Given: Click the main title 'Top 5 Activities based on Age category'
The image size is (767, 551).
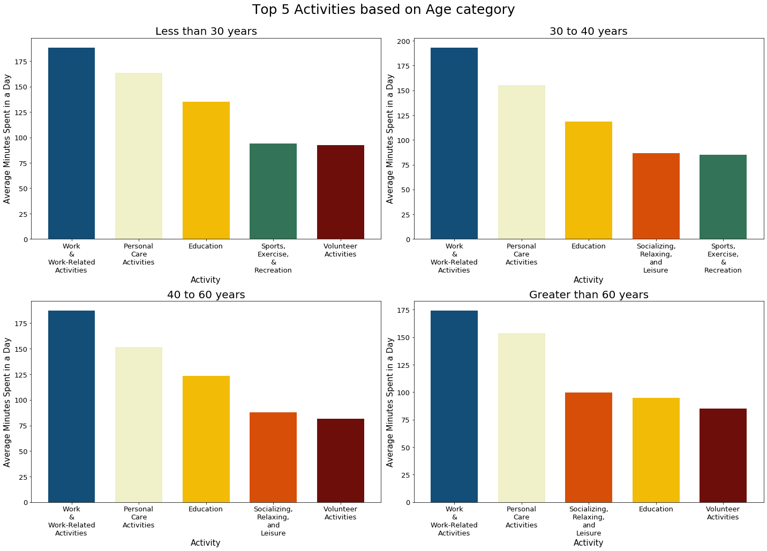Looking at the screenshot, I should (x=383, y=10).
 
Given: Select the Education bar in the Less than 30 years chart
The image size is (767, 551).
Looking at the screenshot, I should (x=206, y=170).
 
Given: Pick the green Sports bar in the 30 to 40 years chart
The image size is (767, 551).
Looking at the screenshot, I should (x=723, y=197).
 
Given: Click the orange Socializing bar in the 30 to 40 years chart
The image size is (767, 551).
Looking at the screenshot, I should (x=656, y=196).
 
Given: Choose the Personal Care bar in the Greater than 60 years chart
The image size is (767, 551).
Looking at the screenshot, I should (x=521, y=417).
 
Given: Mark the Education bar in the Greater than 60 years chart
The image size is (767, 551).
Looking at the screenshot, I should (x=656, y=450).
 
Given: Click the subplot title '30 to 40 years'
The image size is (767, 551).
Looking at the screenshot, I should (x=588, y=31).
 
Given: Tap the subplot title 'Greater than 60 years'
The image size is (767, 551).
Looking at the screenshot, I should (x=588, y=295).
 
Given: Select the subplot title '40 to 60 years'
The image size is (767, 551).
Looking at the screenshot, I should (x=206, y=295).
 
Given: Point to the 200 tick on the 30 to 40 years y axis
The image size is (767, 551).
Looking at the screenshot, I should (x=404, y=42).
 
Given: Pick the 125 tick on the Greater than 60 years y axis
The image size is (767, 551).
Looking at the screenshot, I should (x=404, y=365).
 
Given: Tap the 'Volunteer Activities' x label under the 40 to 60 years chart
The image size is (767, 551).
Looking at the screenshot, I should (x=340, y=513).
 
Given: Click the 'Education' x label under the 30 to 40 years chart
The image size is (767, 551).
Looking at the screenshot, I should (x=588, y=246).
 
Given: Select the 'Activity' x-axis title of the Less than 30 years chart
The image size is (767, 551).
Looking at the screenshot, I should (x=206, y=280).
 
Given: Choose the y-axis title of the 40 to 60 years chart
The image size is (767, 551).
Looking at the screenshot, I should (x=7, y=402).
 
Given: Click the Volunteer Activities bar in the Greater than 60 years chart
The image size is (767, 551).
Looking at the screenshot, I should (x=723, y=455).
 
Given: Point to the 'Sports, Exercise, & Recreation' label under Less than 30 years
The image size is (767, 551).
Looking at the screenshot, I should (x=273, y=258).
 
